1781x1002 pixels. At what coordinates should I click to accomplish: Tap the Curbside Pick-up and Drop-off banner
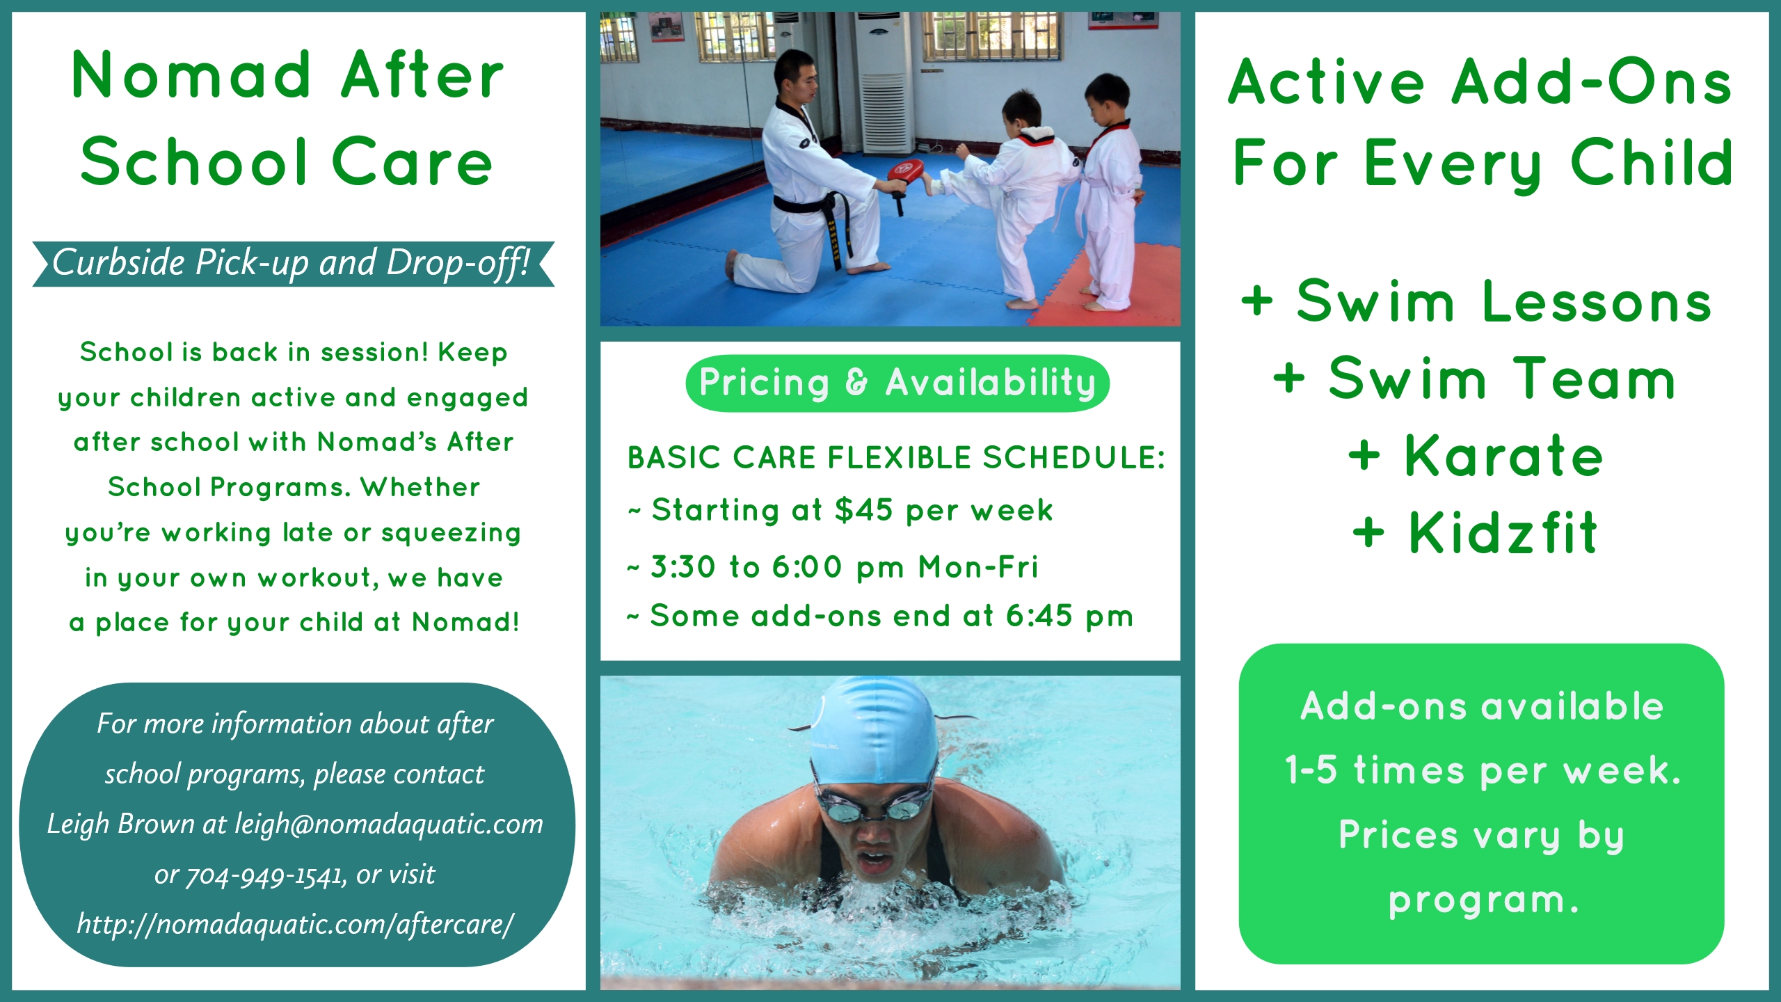(x=293, y=264)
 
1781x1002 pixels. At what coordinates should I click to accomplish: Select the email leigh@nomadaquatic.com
(x=389, y=824)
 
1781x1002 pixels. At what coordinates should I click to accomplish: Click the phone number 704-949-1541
(x=266, y=875)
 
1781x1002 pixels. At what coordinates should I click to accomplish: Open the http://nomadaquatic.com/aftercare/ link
(x=296, y=925)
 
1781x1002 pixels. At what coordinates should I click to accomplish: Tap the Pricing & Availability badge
(x=897, y=383)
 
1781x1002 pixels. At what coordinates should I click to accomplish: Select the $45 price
(x=863, y=510)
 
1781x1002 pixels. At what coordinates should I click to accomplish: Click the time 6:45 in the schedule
(x=1039, y=616)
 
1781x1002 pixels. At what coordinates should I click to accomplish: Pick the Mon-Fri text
(x=978, y=567)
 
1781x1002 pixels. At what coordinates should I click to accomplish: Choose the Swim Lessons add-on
(x=1476, y=301)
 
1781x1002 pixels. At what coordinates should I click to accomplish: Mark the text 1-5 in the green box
(x=1311, y=770)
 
